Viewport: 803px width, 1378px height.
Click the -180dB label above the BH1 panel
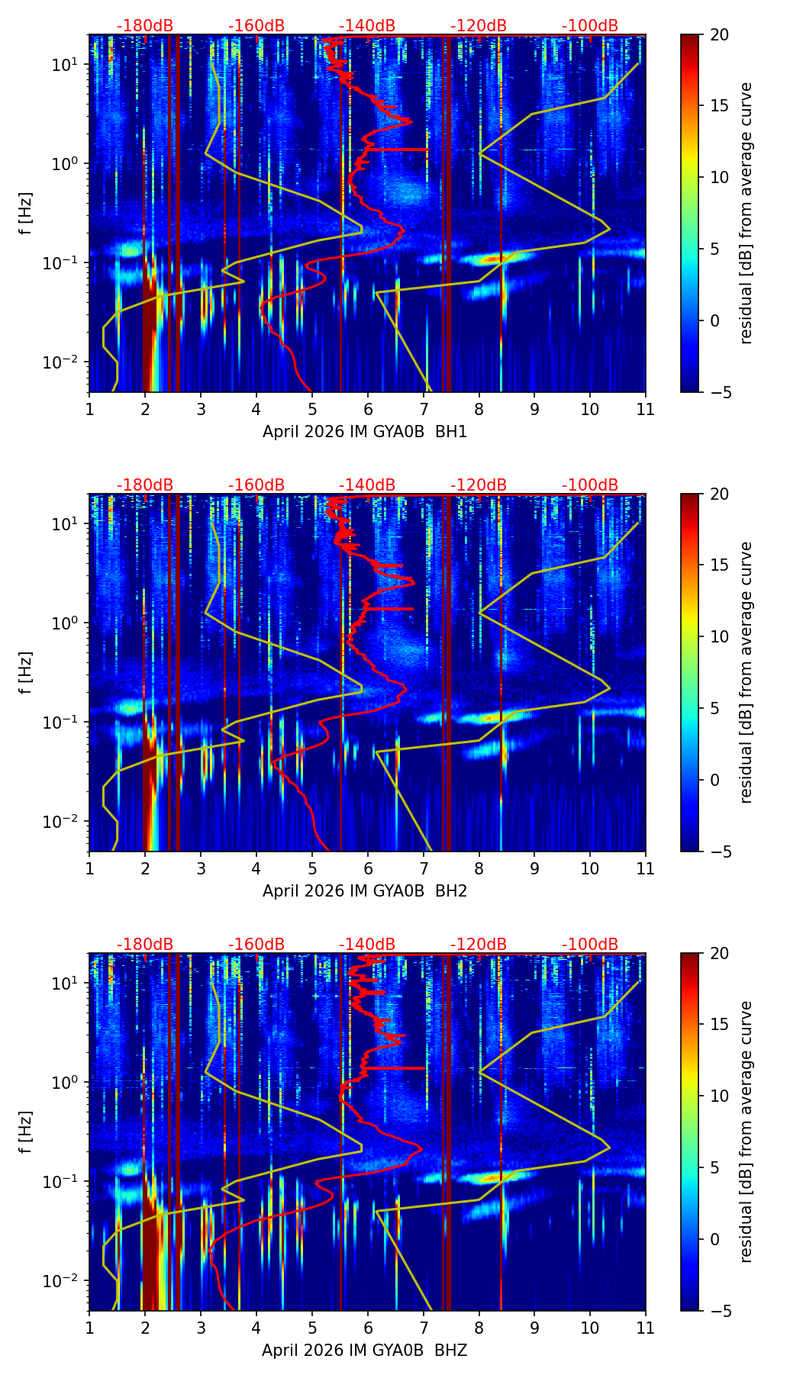[145, 26]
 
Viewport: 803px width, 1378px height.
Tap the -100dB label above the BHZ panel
[590, 945]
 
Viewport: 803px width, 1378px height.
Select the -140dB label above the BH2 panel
[367, 485]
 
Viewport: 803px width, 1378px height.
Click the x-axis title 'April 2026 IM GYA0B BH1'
[365, 432]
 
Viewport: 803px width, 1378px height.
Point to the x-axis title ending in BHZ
[365, 1351]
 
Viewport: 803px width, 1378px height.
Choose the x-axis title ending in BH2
[365, 891]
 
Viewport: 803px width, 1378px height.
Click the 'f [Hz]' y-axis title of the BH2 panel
[26, 673]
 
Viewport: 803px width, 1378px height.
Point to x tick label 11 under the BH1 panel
[646, 410]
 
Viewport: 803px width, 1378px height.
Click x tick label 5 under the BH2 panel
[312, 869]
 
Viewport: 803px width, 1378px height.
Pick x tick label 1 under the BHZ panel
[89, 1328]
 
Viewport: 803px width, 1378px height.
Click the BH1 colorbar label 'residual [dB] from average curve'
[747, 214]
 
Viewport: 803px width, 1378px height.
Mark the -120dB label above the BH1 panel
[479, 26]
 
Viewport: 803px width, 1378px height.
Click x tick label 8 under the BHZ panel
[479, 1328]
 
